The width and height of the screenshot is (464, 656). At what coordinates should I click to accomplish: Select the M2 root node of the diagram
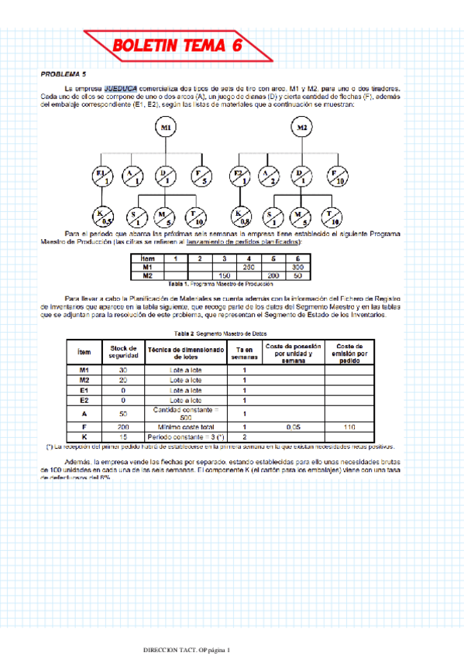pos(302,128)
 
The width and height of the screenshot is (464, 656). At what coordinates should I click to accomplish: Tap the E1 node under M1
pos(101,176)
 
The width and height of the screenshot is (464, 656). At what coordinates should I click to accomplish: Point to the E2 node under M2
pos(239,176)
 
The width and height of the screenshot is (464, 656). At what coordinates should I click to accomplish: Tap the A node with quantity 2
pos(269,176)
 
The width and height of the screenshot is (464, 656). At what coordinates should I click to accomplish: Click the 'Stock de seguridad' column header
pos(124,350)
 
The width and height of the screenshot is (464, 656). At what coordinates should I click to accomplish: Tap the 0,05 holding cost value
pos(292,426)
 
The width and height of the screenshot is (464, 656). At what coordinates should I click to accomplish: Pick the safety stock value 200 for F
pos(124,426)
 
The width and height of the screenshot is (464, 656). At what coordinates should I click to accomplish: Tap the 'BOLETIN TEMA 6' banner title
pos(177,46)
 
